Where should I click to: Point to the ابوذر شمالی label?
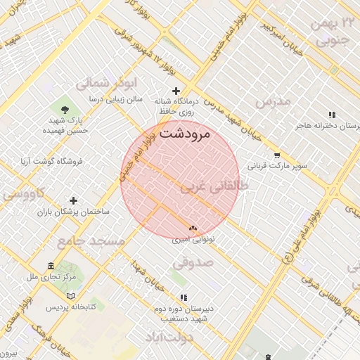(x=89, y=82)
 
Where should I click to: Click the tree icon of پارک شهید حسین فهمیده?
(x=65, y=110)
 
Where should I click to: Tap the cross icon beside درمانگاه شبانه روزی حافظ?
(x=176, y=91)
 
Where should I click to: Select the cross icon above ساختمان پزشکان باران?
(x=74, y=200)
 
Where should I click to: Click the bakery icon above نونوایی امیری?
(x=193, y=228)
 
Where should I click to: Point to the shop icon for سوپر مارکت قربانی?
(x=278, y=156)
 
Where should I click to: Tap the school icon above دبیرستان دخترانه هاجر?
(x=331, y=115)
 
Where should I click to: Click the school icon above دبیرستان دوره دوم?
(x=184, y=297)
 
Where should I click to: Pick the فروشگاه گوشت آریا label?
(x=51, y=161)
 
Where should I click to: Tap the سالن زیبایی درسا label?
(x=124, y=99)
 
